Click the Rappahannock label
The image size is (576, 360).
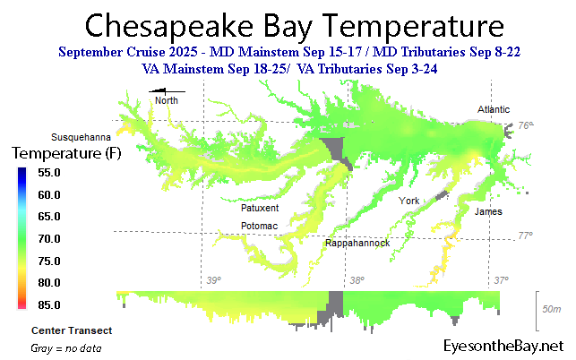pos(357,243)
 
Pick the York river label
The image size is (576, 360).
pos(409,200)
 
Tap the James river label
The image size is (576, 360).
pos(488,211)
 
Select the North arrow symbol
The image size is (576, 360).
pos(167,91)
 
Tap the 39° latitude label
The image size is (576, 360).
pos(213,280)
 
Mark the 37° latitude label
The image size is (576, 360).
pos(502,280)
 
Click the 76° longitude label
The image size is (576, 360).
pos(525,126)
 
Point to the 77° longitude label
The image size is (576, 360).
pos(525,236)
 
